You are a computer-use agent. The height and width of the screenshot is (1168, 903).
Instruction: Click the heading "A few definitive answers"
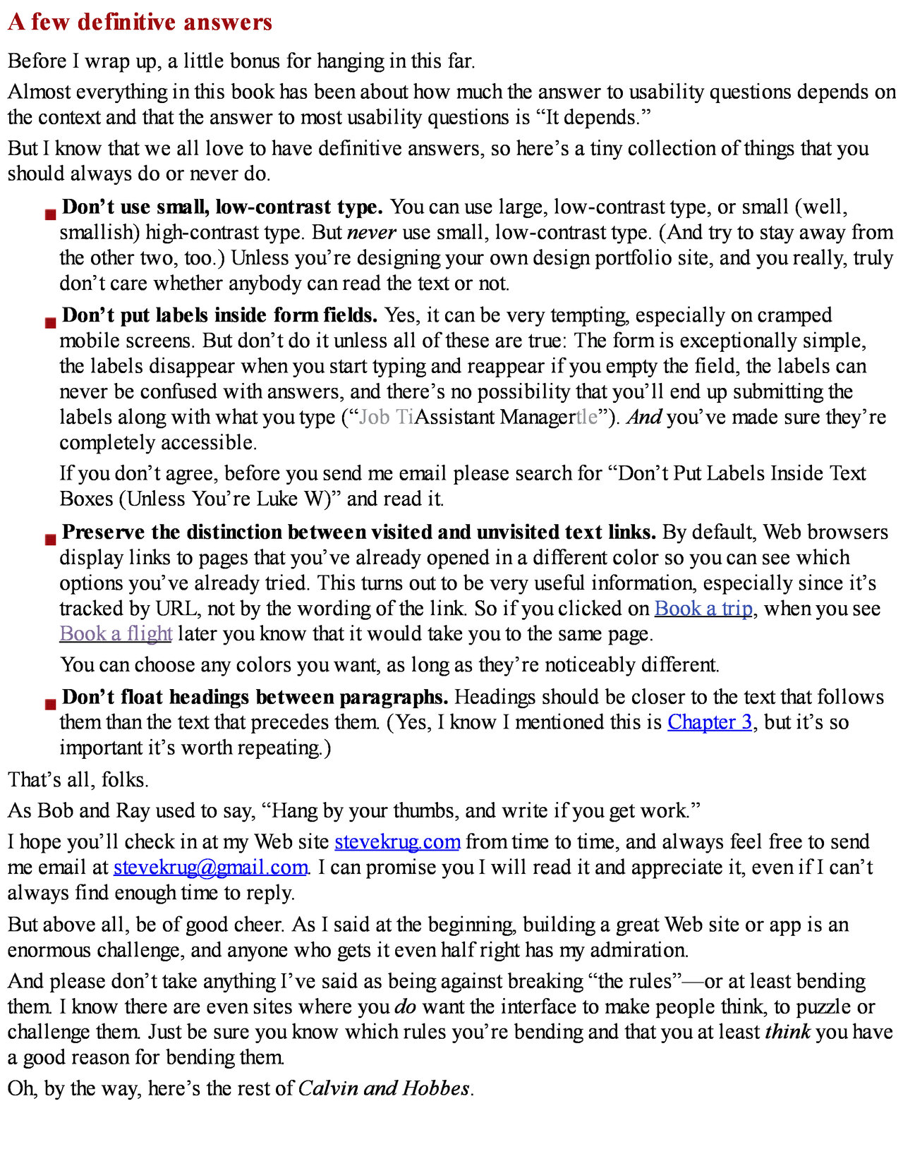(140, 23)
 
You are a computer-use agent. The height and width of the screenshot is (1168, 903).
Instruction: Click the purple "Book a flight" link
(116, 633)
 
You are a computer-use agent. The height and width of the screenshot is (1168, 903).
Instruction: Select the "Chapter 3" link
(710, 722)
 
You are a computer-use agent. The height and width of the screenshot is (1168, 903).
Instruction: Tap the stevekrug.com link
(397, 841)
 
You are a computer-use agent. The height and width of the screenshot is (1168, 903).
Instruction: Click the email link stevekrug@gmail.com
(210, 867)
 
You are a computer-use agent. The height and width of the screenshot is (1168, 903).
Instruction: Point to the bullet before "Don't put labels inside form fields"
(50, 322)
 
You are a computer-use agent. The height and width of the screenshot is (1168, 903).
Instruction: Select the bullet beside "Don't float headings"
(50, 705)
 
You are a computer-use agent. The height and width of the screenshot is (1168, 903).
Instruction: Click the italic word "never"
(372, 233)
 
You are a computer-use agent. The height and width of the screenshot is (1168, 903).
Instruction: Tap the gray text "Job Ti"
(386, 417)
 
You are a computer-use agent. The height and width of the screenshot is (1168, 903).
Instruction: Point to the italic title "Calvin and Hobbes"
(384, 1088)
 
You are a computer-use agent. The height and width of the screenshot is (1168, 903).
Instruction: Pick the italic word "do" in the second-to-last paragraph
(405, 1006)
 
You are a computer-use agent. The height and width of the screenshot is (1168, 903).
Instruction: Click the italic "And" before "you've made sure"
(644, 417)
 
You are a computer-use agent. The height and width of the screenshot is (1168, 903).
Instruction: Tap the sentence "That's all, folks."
(78, 779)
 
